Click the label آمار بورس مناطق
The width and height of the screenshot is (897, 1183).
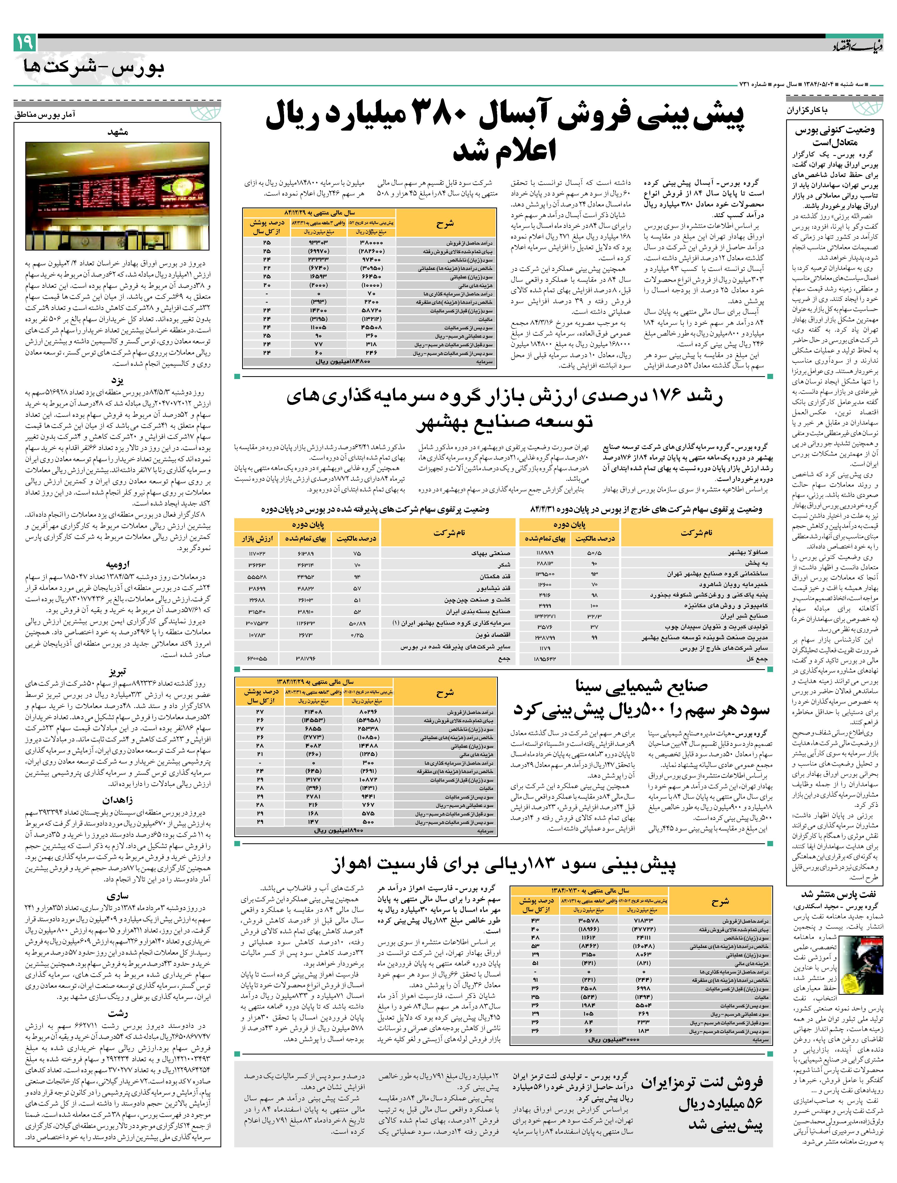[x=45, y=114]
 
